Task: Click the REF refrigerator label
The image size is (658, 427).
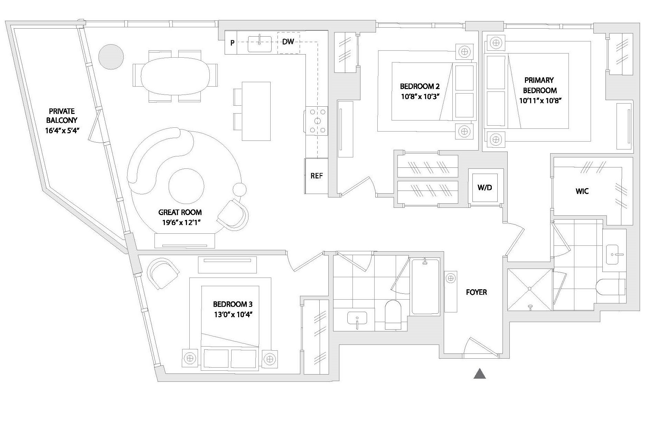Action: coord(316,176)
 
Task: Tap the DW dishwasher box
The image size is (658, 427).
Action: coord(288,42)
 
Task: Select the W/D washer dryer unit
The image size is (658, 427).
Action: coord(485,187)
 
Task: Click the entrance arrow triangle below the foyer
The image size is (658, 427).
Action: coord(480,373)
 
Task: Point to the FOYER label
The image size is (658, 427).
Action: coord(476,292)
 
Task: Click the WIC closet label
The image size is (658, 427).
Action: coord(582,191)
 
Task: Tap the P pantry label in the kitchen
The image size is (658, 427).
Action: coord(233,43)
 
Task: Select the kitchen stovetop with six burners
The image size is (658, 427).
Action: coord(317,121)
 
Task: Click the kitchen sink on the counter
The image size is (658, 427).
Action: coord(260,43)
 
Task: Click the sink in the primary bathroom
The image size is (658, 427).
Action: coord(613,254)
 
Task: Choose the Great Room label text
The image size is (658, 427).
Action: coord(180,212)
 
